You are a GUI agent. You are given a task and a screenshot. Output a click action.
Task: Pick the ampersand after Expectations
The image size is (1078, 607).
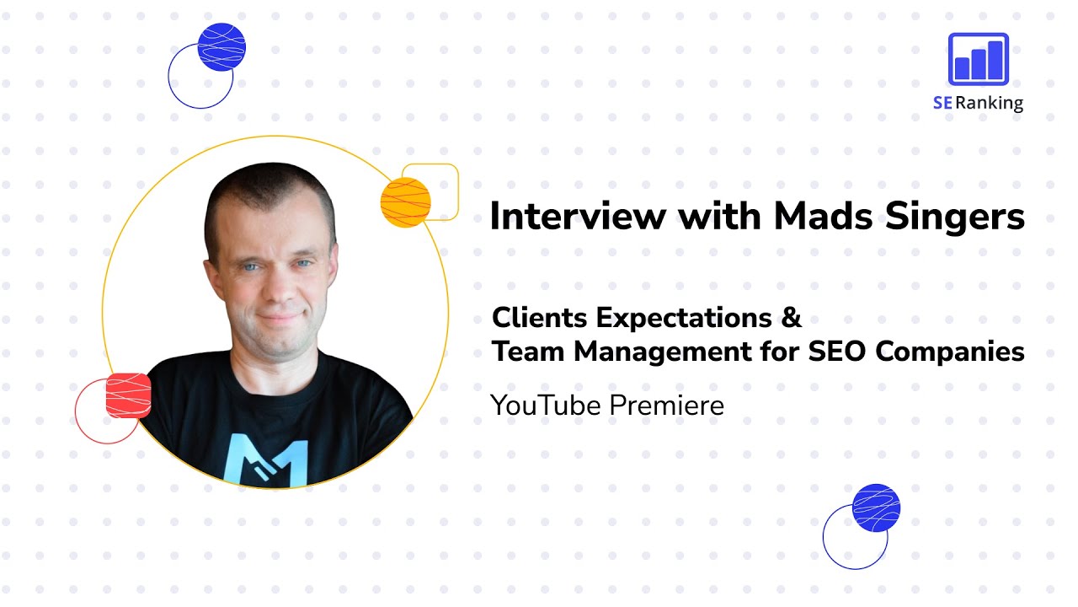(x=788, y=319)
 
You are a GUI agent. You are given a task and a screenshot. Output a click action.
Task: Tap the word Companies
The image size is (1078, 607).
(x=950, y=352)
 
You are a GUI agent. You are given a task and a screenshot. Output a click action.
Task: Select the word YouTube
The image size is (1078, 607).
(x=546, y=406)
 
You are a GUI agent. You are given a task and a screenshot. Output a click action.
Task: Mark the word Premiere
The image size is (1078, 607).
(x=666, y=406)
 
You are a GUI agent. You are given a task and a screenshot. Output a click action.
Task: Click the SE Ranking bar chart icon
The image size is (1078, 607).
(x=978, y=60)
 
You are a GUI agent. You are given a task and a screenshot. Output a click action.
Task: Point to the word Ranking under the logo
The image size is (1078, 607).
(x=989, y=104)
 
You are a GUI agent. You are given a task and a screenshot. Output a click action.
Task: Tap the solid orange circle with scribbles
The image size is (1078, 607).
(x=405, y=203)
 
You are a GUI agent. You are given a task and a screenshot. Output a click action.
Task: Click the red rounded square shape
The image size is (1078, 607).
(x=128, y=395)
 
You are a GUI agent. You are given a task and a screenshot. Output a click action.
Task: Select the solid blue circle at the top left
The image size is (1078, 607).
(x=221, y=47)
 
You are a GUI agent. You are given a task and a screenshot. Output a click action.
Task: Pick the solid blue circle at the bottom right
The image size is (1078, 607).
(x=876, y=508)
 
